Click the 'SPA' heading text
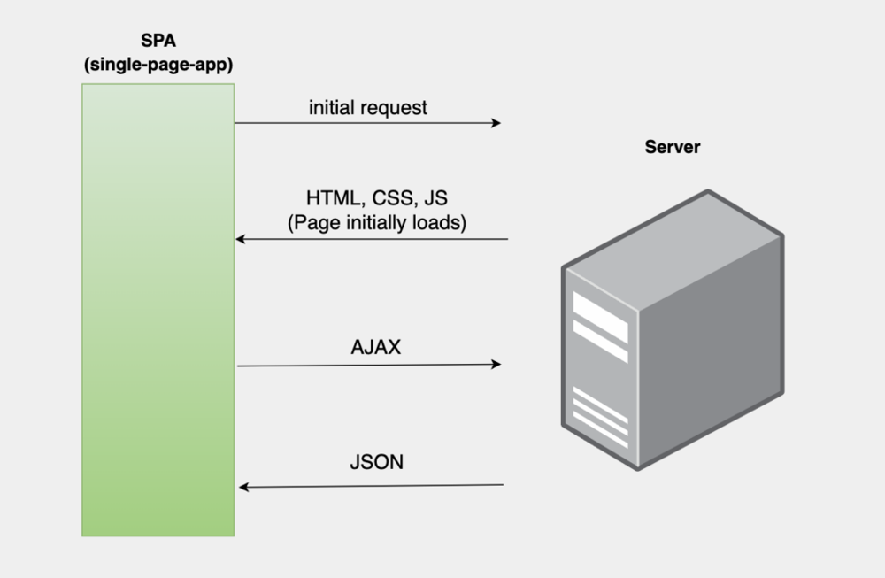158,40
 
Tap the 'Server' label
672,147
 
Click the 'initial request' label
367,108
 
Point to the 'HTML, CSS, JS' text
376,198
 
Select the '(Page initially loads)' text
376,222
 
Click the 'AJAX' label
375,347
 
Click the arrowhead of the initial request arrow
496,123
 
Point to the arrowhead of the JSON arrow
244,487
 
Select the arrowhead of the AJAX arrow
496,364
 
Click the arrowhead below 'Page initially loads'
241,239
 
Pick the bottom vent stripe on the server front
600,420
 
